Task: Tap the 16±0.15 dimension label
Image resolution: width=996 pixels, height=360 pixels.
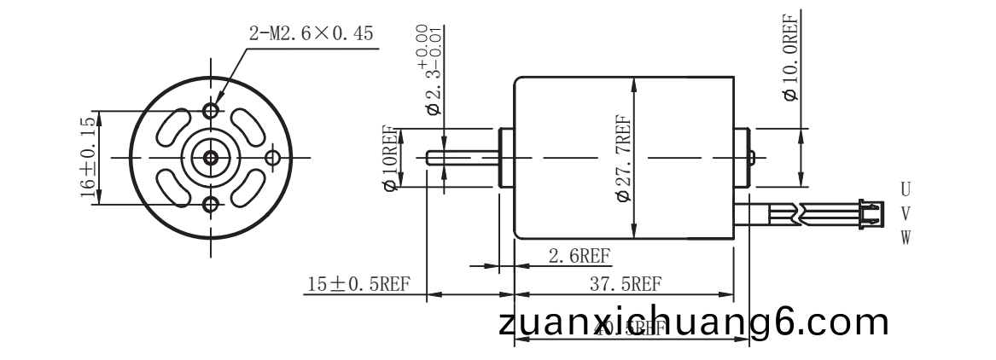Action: (87, 158)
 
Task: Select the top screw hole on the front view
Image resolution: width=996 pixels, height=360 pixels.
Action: (211, 111)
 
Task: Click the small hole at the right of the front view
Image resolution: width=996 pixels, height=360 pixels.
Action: (273, 157)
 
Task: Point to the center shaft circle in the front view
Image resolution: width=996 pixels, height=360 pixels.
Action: (210, 157)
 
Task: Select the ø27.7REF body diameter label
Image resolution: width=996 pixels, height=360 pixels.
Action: (622, 159)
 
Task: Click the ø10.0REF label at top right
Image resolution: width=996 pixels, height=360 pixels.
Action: (790, 56)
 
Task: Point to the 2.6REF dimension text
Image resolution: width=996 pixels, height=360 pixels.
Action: (579, 256)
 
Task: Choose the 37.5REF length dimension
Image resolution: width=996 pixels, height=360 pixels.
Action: (626, 284)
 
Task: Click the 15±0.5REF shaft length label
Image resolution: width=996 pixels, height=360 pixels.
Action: (358, 284)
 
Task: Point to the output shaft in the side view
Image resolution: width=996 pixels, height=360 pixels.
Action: (461, 157)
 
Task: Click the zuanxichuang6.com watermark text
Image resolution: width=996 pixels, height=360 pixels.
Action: (693, 323)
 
